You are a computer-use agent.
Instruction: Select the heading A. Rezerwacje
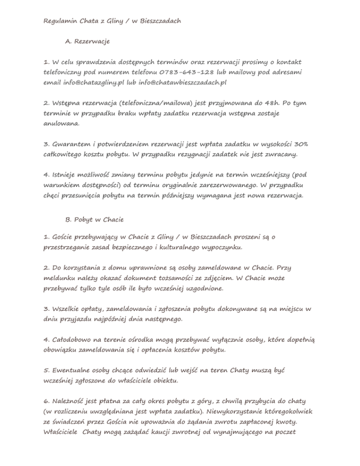tap(88, 42)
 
